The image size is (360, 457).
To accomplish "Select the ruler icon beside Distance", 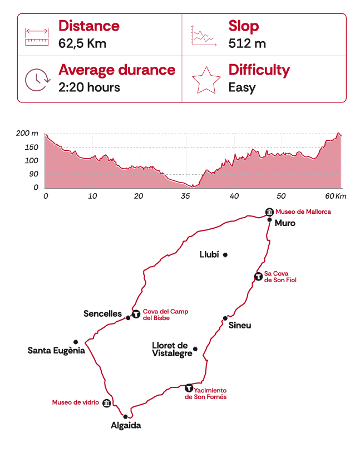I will click(37, 36).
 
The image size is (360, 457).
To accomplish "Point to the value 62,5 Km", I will click(82, 43).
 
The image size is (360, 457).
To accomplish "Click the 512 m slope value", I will click(247, 43).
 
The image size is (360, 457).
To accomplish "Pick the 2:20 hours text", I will click(89, 87).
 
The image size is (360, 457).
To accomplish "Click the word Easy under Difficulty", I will click(242, 87).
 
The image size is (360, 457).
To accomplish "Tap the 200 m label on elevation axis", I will click(27, 134).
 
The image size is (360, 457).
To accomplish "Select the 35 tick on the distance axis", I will click(186, 196).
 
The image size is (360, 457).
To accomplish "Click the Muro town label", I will click(285, 223).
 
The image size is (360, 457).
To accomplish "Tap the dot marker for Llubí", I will click(225, 255).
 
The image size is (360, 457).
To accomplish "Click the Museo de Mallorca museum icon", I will click(269, 212).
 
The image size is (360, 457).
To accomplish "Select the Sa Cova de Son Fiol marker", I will click(258, 276).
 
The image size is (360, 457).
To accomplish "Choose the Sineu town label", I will click(240, 325).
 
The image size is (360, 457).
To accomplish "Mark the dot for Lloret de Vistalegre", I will click(195, 349).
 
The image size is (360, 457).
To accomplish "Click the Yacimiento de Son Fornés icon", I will click(189, 387).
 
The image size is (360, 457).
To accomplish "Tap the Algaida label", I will click(125, 426).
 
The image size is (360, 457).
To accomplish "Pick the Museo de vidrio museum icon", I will click(106, 403).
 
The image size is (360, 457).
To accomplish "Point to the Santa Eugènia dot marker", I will click(76, 342).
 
